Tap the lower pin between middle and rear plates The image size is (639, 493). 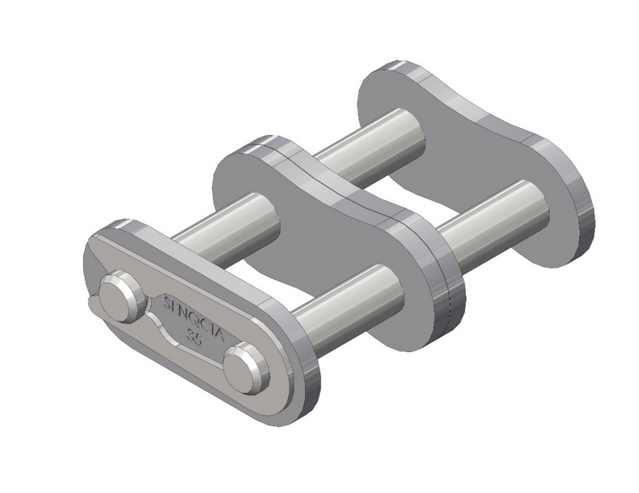click(493, 218)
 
